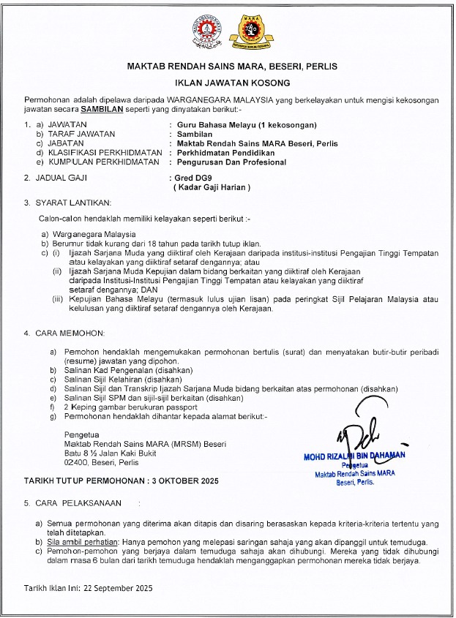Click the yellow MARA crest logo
[243, 31]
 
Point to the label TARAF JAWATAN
[78, 135]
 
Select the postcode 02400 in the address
[77, 462]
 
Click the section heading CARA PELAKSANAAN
[77, 504]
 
